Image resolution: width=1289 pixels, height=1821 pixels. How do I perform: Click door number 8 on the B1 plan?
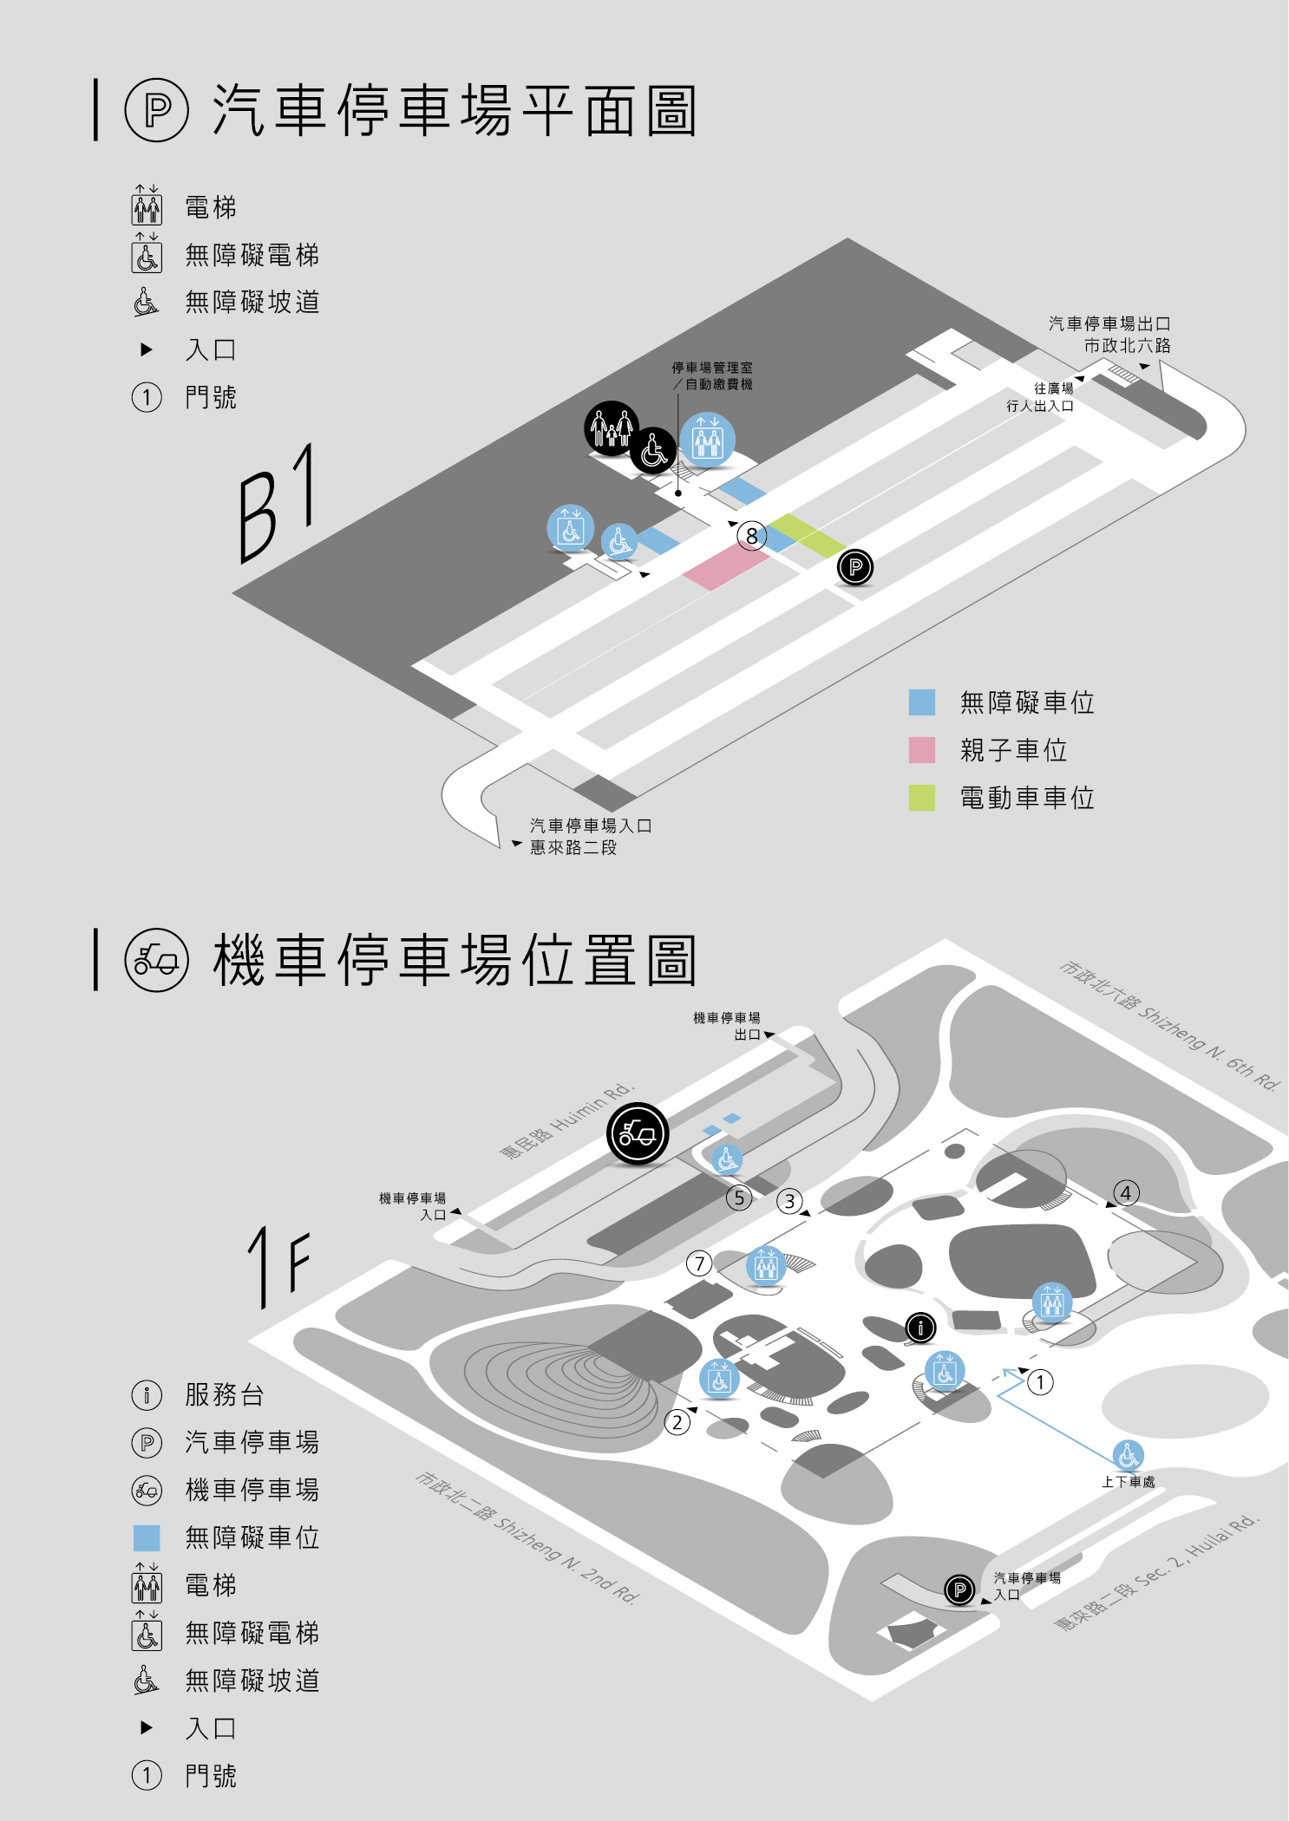coord(752,536)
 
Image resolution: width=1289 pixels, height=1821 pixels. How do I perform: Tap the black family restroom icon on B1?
coord(612,428)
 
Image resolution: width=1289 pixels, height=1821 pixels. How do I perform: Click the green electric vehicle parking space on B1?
coord(807,535)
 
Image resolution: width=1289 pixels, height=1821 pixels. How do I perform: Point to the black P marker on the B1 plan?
coord(855,568)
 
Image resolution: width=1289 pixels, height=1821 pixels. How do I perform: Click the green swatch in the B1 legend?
coord(921,798)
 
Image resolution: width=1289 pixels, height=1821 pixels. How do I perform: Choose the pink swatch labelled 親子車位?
coord(921,750)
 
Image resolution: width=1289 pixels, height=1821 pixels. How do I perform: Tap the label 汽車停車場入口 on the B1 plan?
coord(591,826)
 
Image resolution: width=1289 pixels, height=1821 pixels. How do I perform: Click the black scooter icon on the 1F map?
coord(638,1133)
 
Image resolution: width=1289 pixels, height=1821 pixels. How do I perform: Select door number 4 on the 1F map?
coord(1126,1192)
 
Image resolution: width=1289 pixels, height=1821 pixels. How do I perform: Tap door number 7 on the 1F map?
coord(699,1263)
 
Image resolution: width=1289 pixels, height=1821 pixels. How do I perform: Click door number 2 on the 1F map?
coord(677,1422)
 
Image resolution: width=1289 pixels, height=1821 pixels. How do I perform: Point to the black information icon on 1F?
coord(920,1327)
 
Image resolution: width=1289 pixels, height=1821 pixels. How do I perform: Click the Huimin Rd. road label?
coord(568,1119)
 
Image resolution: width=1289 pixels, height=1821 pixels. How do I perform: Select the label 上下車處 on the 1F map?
coord(1128,1482)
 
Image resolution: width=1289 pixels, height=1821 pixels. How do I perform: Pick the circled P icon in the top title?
coord(157,110)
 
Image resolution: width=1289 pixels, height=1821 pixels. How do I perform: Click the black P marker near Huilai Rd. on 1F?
coord(959,1589)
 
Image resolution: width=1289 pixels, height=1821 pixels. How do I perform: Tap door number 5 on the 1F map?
coord(738,1198)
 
